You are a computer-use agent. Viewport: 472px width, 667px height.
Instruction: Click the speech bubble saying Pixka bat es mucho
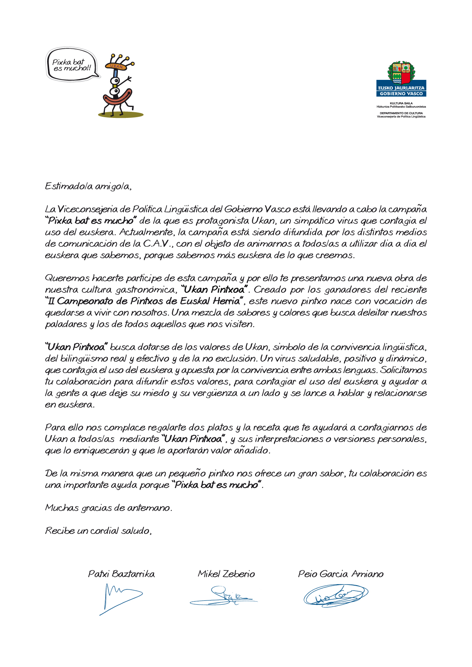click(71, 65)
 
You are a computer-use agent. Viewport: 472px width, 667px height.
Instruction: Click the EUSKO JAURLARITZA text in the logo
click(401, 88)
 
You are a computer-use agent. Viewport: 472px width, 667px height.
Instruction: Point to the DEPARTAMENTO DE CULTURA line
click(401, 113)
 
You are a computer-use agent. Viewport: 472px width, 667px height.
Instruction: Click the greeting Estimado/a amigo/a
click(88, 186)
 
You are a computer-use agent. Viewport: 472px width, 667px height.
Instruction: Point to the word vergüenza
click(214, 393)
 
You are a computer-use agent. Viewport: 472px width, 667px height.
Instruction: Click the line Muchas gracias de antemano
click(109, 508)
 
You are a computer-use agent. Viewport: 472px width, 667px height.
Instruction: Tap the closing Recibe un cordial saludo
click(98, 531)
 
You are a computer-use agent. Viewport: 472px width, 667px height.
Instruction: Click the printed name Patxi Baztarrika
click(121, 574)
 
